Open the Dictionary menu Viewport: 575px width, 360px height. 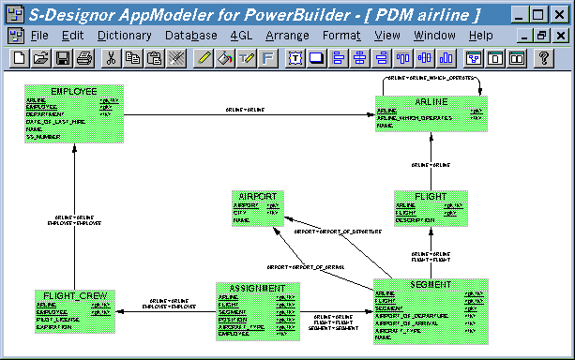tap(124, 35)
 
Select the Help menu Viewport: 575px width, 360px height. tap(480, 35)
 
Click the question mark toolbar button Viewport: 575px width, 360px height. tap(542, 58)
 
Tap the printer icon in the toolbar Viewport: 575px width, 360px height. tap(84, 58)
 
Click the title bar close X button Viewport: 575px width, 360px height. tap(561, 15)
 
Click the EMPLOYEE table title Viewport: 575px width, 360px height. tap(73, 92)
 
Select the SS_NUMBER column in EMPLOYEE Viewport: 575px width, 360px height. tap(43, 137)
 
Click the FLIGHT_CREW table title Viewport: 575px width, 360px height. tap(73, 296)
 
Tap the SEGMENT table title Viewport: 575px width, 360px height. tap(431, 285)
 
